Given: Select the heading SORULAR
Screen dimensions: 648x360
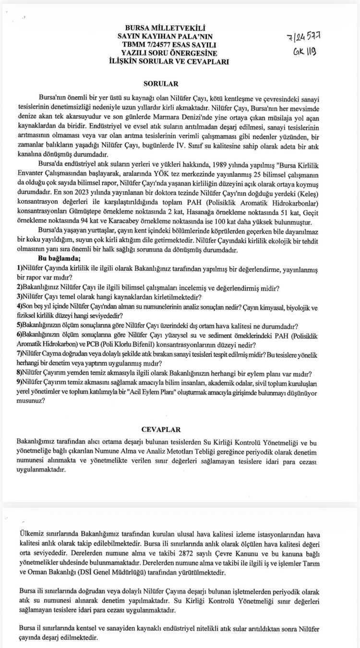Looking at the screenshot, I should (x=164, y=84).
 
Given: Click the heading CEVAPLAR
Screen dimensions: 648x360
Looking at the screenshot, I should (x=161, y=429).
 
